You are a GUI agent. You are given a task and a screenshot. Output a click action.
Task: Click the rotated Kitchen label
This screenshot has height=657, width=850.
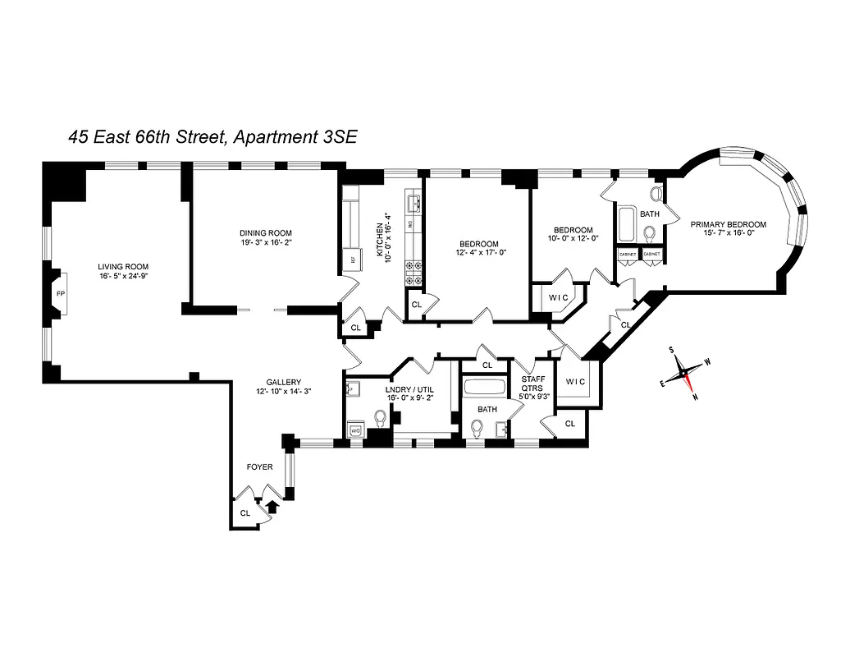coord(380,240)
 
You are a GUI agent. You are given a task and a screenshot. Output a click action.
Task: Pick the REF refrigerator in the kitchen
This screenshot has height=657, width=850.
coord(354,259)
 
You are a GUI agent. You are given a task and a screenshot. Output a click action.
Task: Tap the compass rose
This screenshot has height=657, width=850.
coord(683,374)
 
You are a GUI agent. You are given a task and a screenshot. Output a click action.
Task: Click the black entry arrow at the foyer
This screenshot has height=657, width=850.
coord(273,508)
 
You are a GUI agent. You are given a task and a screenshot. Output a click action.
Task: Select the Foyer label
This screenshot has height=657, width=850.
coord(260,467)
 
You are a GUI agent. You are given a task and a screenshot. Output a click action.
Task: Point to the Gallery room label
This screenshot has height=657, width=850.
coord(283,382)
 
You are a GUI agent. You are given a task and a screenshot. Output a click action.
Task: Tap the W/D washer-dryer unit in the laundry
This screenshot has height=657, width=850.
coord(356,430)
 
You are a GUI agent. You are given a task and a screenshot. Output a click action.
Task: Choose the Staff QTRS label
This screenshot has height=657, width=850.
coord(532,384)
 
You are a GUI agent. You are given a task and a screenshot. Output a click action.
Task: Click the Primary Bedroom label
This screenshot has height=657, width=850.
coord(728,224)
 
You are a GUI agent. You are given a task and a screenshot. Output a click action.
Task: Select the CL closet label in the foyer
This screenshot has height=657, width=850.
coord(244,513)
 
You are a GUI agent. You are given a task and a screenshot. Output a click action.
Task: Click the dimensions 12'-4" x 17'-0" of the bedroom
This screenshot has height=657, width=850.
coord(478,253)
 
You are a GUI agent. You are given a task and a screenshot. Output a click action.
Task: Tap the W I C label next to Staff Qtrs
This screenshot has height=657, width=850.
coord(575,382)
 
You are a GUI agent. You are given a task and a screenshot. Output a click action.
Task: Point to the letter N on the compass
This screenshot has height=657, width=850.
coord(694,396)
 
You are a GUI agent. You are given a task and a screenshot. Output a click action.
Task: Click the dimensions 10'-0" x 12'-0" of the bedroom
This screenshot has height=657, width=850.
coord(572,239)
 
